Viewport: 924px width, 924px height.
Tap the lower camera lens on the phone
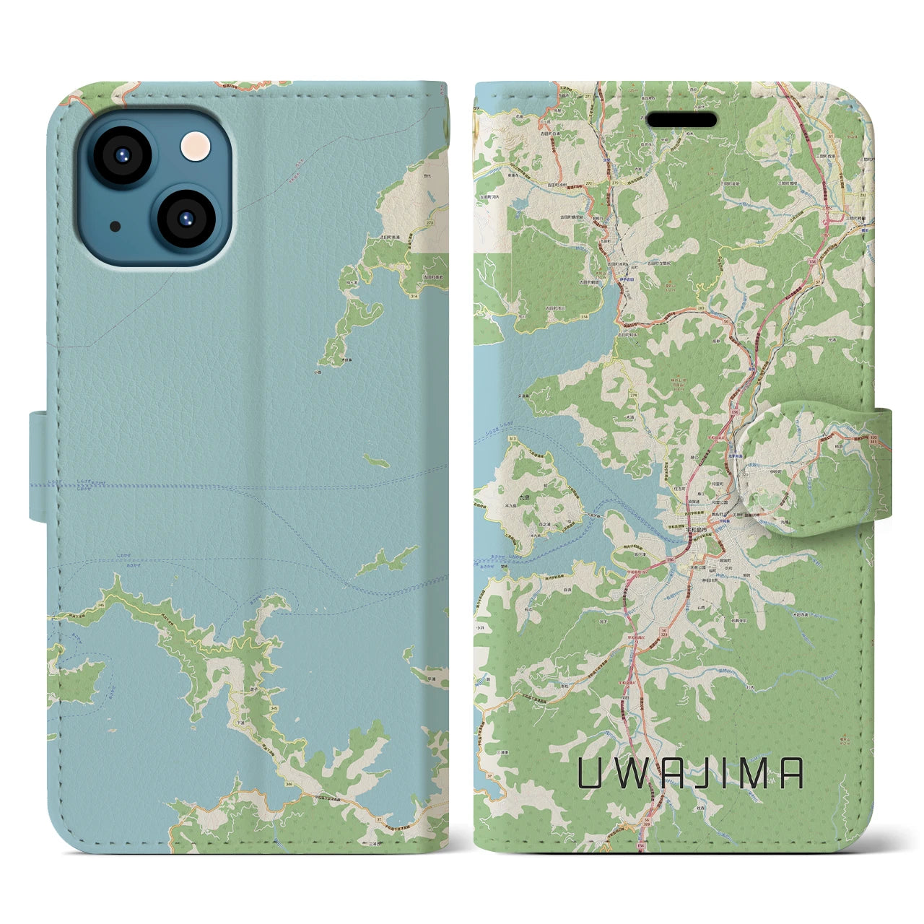coord(185,219)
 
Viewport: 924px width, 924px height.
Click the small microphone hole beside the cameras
coord(115,226)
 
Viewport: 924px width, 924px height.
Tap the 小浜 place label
coord(481,627)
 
